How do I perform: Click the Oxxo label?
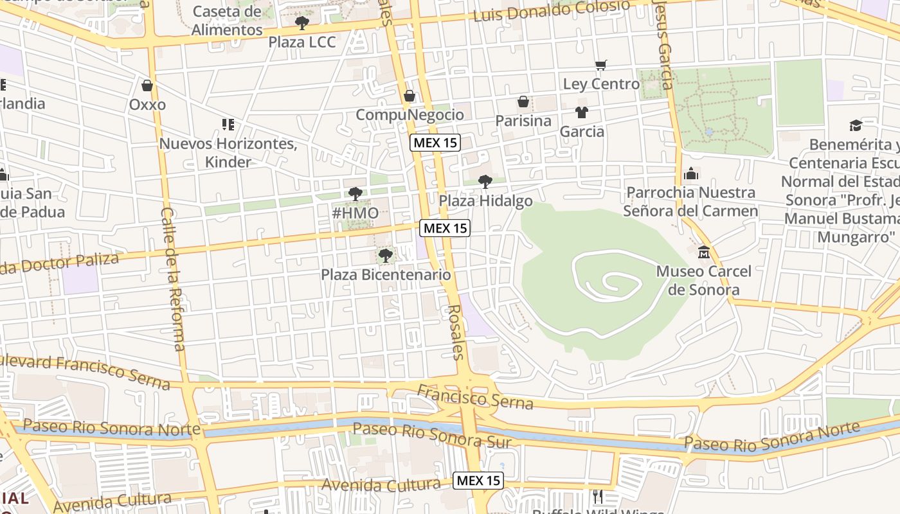pos(147,105)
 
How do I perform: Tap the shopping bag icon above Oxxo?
pos(147,85)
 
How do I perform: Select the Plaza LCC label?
pos(302,42)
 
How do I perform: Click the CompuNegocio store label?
pos(410,115)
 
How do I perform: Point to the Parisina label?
pos(523,121)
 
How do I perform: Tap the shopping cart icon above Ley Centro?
pos(601,65)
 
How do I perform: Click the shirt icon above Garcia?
pos(582,112)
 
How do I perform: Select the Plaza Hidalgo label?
pos(485,201)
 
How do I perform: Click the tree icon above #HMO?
pos(355,193)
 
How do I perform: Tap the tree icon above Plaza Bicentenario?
pos(386,256)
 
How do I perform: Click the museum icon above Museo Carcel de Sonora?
pos(704,252)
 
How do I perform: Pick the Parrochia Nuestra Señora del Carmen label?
pos(690,202)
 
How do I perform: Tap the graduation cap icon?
pos(855,125)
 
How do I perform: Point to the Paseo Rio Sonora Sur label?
pos(432,435)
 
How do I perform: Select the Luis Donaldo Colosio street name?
pos(552,11)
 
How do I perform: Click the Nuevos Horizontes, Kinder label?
pos(228,153)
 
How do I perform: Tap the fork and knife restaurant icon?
pos(598,496)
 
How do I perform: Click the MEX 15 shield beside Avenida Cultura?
pos(478,481)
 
